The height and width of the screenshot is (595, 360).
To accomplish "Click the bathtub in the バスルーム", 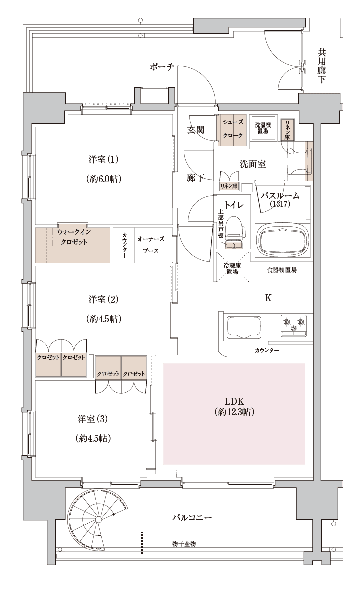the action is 282,240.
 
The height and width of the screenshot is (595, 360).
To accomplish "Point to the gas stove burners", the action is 294,325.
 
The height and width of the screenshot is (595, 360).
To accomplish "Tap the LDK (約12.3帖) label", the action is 234,407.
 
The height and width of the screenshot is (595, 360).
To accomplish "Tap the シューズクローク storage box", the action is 233,130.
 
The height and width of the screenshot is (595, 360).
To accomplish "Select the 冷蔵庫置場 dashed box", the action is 232,267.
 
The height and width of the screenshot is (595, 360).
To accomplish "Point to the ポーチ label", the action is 162,67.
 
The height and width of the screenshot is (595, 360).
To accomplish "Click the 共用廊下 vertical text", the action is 321,66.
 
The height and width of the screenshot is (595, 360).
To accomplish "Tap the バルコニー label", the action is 192,517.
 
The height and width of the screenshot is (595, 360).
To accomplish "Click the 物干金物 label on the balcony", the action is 183,544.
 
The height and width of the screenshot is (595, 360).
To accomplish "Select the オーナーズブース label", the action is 151,245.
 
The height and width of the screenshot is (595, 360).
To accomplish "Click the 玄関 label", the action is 196,130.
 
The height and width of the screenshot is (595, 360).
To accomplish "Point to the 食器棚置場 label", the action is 282,270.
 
